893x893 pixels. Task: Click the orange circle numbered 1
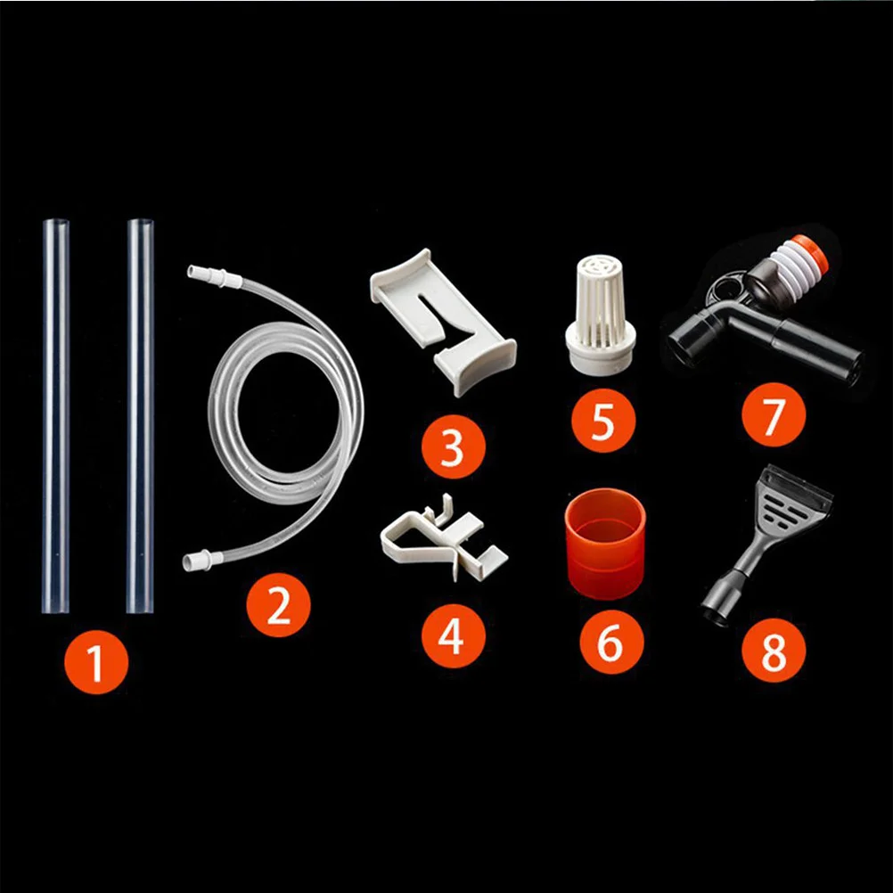click(96, 661)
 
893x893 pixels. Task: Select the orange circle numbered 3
click(454, 447)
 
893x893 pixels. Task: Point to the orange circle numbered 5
click(603, 420)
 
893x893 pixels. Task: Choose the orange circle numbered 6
click(610, 642)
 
